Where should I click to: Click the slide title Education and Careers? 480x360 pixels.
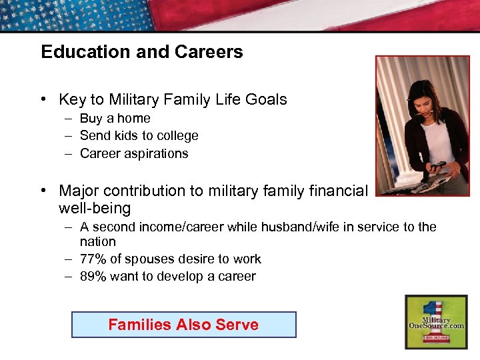click(x=141, y=52)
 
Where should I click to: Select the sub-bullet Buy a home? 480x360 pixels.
click(x=115, y=119)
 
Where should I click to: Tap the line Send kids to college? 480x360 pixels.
click(x=139, y=136)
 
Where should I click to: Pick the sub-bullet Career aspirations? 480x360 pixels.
click(x=133, y=154)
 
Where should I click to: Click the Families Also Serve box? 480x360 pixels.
click(x=183, y=325)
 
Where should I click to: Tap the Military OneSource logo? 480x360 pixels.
click(x=436, y=321)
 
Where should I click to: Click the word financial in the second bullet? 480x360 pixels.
click(x=333, y=191)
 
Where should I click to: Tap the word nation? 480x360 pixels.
click(x=97, y=242)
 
